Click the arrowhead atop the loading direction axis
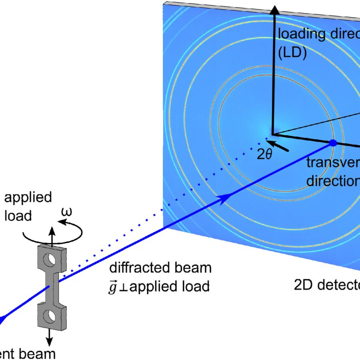point(274,11)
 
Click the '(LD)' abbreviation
point(292,54)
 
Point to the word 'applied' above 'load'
point(28,198)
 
